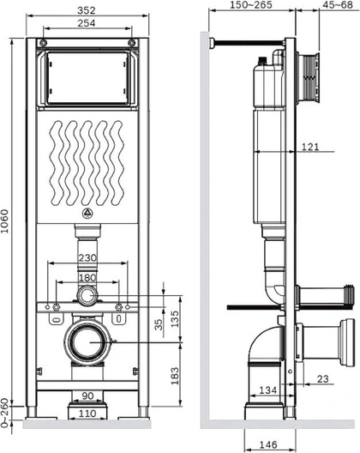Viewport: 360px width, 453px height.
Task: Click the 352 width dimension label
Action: click(x=87, y=10)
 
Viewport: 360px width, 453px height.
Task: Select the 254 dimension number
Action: click(x=87, y=23)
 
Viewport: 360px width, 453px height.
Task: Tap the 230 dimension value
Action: click(x=87, y=257)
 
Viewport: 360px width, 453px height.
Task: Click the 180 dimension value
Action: click(x=87, y=278)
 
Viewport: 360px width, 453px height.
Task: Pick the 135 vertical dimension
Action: click(x=175, y=319)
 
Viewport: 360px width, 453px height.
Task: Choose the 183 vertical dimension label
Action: click(x=175, y=376)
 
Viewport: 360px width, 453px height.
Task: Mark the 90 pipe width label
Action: click(x=87, y=396)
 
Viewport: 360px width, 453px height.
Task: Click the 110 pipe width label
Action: click(x=87, y=414)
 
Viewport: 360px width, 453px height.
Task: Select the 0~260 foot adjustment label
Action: click(x=4, y=413)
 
